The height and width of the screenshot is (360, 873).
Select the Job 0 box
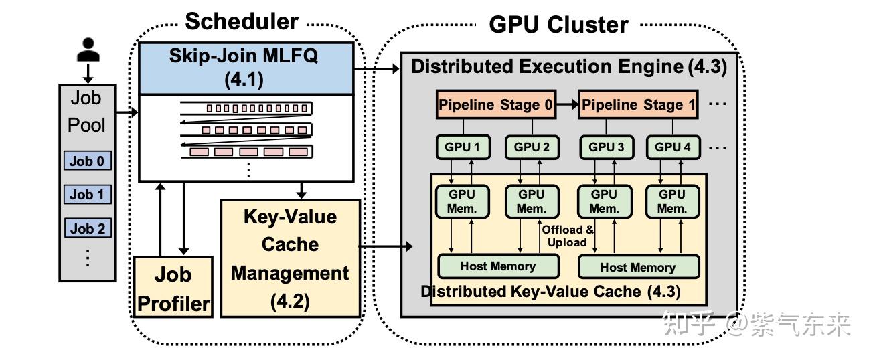click(87, 161)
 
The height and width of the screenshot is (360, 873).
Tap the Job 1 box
click(87, 195)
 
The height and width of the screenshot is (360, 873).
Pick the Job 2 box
click(87, 228)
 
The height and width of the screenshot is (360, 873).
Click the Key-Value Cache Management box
click(290, 258)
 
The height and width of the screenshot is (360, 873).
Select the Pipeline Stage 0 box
click(496, 105)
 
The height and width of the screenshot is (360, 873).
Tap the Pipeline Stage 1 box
click(638, 105)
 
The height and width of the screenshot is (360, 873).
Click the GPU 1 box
click(463, 147)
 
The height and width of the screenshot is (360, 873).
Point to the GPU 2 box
click(532, 147)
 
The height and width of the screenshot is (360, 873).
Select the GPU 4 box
click(671, 147)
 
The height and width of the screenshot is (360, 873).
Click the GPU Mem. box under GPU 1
click(463, 201)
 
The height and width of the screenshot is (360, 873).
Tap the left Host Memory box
click(497, 266)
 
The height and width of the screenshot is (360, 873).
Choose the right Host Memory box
click(637, 267)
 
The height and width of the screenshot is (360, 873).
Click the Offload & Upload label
click(568, 236)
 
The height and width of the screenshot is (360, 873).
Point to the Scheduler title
click(242, 21)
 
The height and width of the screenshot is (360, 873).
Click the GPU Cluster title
click(558, 25)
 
